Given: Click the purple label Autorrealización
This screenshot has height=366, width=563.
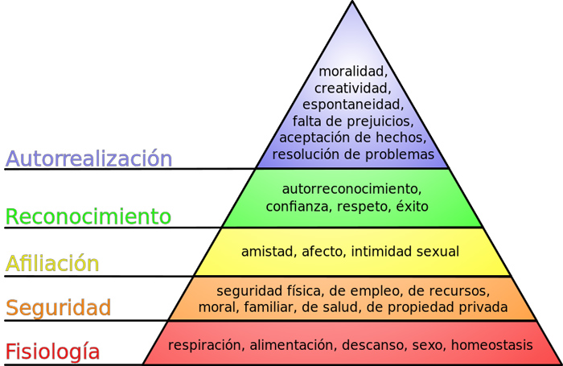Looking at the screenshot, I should (88, 158).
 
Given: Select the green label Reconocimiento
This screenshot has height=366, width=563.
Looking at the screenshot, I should (88, 216).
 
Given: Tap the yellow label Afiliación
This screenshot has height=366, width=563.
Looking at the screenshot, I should (52, 263).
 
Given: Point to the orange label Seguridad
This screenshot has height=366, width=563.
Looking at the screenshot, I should (58, 307).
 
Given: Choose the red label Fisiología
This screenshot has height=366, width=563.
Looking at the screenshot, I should (52, 352).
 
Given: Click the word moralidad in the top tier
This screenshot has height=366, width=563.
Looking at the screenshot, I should (352, 71).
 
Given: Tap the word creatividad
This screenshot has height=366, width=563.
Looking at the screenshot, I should (352, 88).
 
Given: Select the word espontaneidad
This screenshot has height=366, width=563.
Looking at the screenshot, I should (352, 105).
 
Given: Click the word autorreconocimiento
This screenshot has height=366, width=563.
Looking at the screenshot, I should (351, 189).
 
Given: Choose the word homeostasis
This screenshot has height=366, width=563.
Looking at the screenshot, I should (491, 345).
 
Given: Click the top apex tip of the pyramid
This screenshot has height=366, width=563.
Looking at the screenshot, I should (352, 2).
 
